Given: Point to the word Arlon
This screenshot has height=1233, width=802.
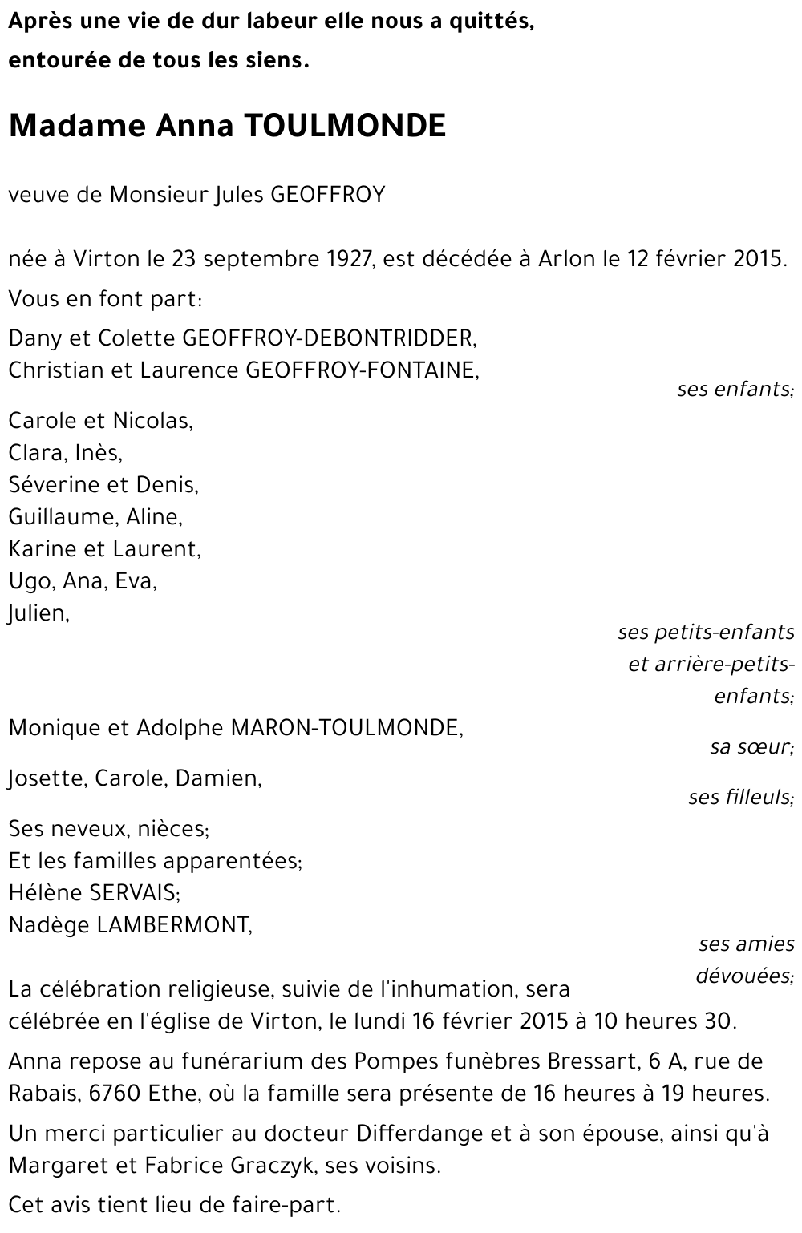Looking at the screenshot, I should pos(567,259).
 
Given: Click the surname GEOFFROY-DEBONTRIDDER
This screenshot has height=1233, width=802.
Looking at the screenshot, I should pos(330,338).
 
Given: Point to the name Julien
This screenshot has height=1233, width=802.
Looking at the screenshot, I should pos(38,613).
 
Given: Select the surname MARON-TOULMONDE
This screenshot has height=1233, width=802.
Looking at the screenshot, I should pos(346,728).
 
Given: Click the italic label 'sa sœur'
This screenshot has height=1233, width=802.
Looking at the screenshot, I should pos(751,747).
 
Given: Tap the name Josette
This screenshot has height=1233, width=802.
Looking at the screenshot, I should pos(46,778).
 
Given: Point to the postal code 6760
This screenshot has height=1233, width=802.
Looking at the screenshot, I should pos(86,1094).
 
